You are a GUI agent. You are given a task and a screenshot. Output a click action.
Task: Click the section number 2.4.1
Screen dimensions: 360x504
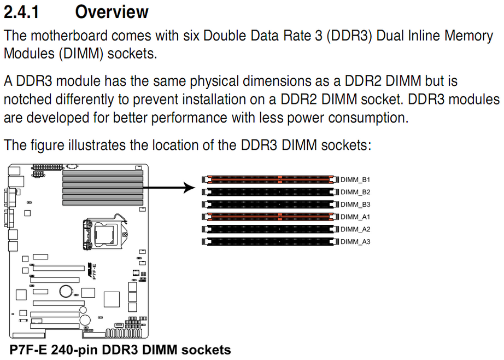point(21,11)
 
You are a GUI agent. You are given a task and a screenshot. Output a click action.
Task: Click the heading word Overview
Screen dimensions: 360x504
point(112,11)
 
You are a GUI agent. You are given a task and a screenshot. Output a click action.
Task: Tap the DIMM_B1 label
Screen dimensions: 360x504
point(355,179)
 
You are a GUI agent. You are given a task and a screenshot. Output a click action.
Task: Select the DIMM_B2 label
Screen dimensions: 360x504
point(355,192)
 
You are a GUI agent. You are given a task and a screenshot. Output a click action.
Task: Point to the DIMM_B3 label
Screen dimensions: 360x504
point(355,205)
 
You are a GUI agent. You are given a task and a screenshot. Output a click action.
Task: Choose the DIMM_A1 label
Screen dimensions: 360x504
point(355,217)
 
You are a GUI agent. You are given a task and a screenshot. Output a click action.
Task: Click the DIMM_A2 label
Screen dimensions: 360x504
point(355,229)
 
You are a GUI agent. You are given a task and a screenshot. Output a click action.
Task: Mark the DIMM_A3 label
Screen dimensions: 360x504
point(355,242)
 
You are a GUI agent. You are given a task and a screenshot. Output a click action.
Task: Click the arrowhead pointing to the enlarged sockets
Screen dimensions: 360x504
point(190,189)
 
